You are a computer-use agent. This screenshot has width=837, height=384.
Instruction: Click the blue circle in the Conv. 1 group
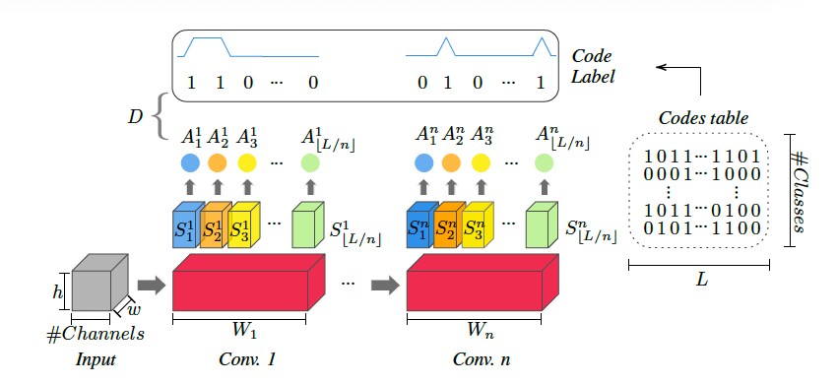pos(190,161)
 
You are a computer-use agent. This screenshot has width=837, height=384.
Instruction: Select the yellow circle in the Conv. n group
pos(481,161)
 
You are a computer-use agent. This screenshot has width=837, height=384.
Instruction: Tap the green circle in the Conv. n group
pos(544,161)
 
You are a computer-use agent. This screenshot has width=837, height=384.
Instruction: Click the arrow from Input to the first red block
pos(150,286)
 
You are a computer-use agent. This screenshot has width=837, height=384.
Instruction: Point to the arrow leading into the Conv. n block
pos(383,286)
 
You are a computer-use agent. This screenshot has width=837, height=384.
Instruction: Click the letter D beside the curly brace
pos(134,119)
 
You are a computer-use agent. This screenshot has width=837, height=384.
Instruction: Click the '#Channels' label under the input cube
pos(97,334)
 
